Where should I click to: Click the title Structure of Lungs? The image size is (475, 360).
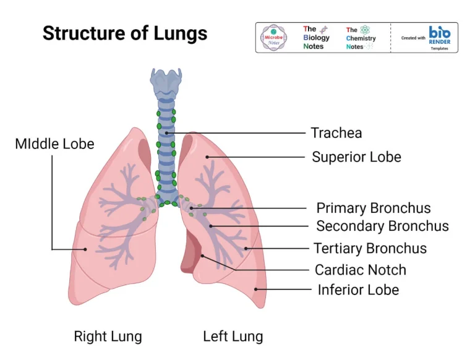(x=125, y=33)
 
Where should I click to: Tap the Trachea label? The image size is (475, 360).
(x=336, y=132)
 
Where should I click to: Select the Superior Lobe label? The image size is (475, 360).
(x=356, y=157)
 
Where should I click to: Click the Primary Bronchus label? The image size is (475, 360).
(x=374, y=208)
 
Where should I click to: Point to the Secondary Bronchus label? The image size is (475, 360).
(x=382, y=226)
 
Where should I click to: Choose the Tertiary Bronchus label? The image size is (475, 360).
(x=370, y=248)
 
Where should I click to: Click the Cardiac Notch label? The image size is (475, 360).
(x=360, y=270)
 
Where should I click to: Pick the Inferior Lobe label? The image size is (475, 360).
(x=358, y=289)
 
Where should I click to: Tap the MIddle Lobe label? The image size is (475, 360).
(x=54, y=144)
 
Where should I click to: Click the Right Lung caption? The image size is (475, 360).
(x=108, y=336)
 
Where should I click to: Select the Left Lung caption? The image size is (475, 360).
(x=233, y=336)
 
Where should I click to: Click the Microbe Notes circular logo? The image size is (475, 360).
(x=274, y=38)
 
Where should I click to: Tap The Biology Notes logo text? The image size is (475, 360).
(x=316, y=38)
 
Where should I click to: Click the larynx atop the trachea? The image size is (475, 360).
(x=165, y=83)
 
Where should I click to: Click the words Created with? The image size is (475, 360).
(x=413, y=38)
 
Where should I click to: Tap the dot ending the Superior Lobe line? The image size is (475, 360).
(x=208, y=157)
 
